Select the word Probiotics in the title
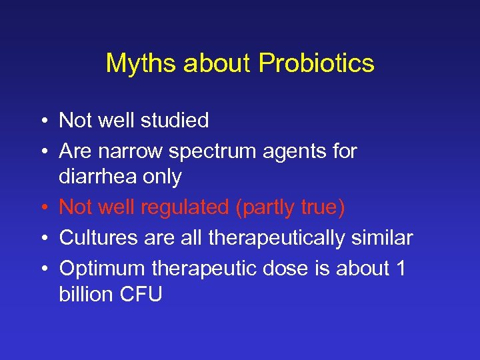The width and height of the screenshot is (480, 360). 317,64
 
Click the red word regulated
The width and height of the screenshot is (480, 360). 185,209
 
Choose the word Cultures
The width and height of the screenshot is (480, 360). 97,238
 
